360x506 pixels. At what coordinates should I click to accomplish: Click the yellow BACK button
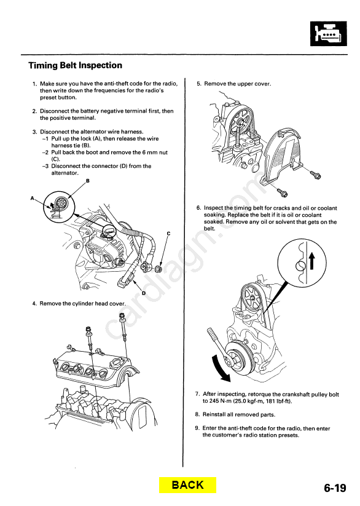187,484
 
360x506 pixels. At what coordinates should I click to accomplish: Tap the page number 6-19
335,488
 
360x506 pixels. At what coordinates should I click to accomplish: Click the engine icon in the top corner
329,34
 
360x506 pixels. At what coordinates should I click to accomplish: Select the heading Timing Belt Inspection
76,65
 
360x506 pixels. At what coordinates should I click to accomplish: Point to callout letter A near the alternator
32,198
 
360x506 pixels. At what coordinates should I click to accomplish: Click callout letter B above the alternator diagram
88,181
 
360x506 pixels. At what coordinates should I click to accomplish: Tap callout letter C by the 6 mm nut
168,233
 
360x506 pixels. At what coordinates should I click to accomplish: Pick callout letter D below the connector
144,293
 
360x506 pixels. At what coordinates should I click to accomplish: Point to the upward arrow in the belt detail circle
311,261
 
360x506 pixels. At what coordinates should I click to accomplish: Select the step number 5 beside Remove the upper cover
198,84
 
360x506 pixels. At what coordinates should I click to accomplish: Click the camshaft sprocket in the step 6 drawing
252,298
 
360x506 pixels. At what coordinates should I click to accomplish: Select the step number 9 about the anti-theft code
197,429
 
